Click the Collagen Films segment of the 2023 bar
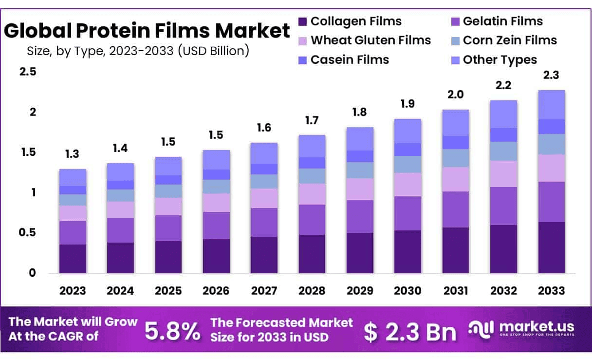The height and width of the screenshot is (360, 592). [73, 258]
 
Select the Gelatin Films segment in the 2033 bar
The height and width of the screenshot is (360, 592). [552, 202]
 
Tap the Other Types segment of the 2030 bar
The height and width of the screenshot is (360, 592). [407, 131]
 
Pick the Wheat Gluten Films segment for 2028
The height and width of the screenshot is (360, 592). [312, 194]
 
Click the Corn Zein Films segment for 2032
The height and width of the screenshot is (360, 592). [503, 151]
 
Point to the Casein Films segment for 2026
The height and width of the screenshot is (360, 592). [216, 174]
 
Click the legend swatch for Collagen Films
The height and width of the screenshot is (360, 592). [302, 21]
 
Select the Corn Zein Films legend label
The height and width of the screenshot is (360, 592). [510, 40]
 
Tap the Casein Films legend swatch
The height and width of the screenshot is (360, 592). [302, 60]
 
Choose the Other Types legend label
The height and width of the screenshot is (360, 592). [499, 60]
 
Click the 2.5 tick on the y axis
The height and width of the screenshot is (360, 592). [28, 72]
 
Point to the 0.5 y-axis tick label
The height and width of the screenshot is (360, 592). [28, 233]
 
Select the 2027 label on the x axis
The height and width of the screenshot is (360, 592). [264, 291]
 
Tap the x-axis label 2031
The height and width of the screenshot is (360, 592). [456, 291]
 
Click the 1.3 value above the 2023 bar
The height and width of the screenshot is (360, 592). [73, 154]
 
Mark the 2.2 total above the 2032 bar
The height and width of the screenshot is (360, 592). [503, 86]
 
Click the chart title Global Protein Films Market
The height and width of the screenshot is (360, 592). [147, 31]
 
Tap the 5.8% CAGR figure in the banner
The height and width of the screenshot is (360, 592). [173, 331]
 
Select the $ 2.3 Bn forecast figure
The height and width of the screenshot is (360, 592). [410, 331]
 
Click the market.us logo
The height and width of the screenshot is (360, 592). [521, 329]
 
